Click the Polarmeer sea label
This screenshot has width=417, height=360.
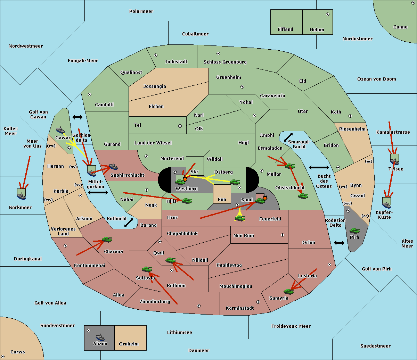click(x=141, y=11)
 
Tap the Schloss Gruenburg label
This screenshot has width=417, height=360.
click(x=225, y=62)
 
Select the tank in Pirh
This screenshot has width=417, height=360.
click(x=354, y=231)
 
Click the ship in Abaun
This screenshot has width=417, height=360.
click(x=100, y=337)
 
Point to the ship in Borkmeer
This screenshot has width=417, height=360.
click(x=22, y=196)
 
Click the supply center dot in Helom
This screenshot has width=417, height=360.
click(x=328, y=14)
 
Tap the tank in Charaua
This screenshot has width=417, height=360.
click(x=107, y=239)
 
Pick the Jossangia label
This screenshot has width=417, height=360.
click(x=155, y=86)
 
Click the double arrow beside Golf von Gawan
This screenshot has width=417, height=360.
click(x=77, y=117)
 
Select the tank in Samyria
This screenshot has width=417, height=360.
click(x=288, y=291)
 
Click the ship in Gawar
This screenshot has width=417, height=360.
click(x=60, y=130)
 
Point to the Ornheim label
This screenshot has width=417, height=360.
click(x=129, y=344)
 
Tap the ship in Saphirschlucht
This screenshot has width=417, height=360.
click(x=113, y=166)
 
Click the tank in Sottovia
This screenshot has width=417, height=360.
click(x=147, y=269)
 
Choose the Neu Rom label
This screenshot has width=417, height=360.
click(x=244, y=235)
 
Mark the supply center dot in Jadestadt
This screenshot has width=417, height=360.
click(x=156, y=55)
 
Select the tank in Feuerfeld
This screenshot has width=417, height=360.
click(x=240, y=218)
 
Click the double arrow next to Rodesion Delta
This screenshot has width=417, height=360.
click(x=339, y=243)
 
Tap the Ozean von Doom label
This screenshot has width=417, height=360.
click(x=377, y=79)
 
